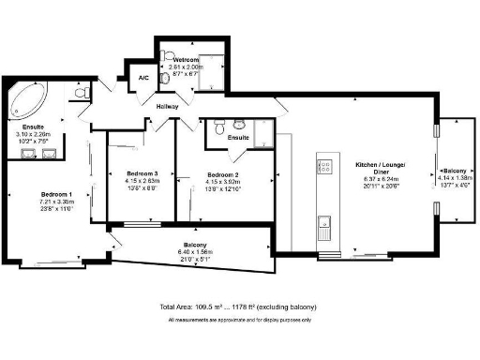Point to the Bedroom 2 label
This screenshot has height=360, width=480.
coord(225,174)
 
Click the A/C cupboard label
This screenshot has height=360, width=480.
coord(143,78)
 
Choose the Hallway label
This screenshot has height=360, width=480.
coord(168,106)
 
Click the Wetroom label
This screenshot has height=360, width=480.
coord(186,60)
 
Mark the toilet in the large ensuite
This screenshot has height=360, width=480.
coord(80,91)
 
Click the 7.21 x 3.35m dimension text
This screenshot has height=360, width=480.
coord(50,201)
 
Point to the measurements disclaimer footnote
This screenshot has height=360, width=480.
coord(240,321)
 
